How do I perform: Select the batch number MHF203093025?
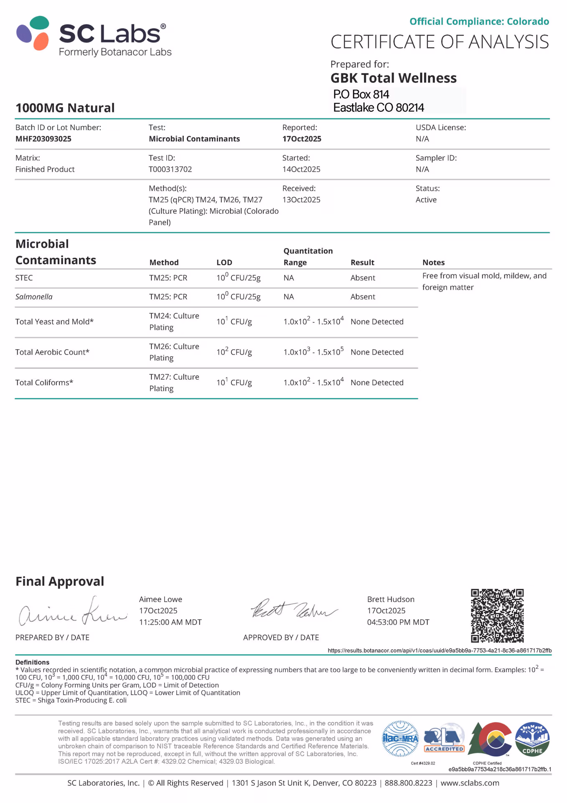[43, 139]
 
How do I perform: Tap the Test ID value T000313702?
[170, 169]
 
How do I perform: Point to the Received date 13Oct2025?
[301, 200]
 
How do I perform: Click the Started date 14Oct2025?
[301, 169]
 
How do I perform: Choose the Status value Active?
[426, 200]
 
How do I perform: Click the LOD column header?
[224, 263]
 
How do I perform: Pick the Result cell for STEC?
[363, 278]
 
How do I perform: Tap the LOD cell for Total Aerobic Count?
[234, 352]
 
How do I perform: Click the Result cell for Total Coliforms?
[377, 383]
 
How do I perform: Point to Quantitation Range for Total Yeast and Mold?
[313, 322]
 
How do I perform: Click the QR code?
[497, 615]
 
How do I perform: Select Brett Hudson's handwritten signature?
[293, 610]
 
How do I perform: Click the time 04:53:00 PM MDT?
[398, 622]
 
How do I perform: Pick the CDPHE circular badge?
[532, 739]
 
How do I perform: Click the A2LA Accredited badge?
[444, 739]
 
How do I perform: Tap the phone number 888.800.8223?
[408, 783]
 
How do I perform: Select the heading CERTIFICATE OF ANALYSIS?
[440, 42]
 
